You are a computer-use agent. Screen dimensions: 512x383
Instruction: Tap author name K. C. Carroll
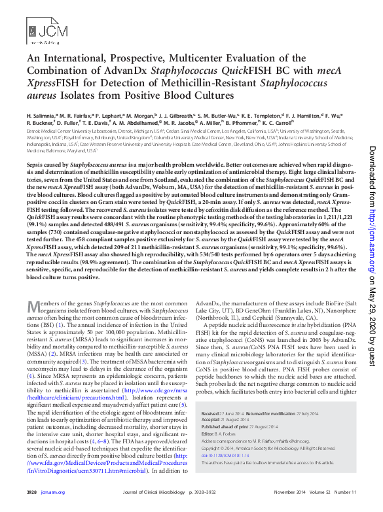tap(278, 122)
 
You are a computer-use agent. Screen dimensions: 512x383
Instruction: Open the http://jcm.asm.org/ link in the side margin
tap(372, 222)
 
